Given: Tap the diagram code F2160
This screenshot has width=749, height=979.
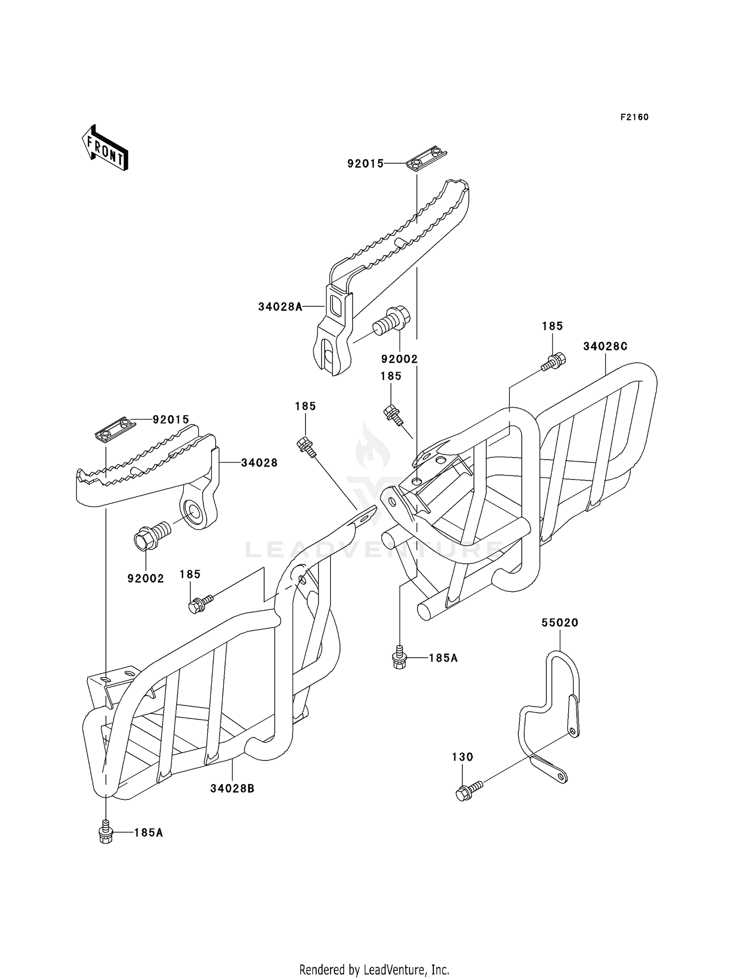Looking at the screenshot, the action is click(x=635, y=117).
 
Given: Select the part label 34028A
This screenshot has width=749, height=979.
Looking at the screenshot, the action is click(x=281, y=307).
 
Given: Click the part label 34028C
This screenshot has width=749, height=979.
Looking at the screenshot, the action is click(x=605, y=346).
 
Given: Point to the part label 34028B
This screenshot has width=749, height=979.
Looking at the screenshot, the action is click(x=232, y=788).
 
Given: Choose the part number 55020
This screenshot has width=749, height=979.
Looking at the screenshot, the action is click(x=560, y=623).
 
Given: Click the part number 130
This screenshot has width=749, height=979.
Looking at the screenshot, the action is click(x=462, y=757).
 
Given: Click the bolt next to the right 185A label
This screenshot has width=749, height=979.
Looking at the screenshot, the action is click(x=399, y=657).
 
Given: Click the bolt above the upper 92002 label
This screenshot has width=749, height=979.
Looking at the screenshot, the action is click(x=391, y=324).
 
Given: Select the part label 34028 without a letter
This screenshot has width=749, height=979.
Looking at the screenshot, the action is click(x=259, y=463).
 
